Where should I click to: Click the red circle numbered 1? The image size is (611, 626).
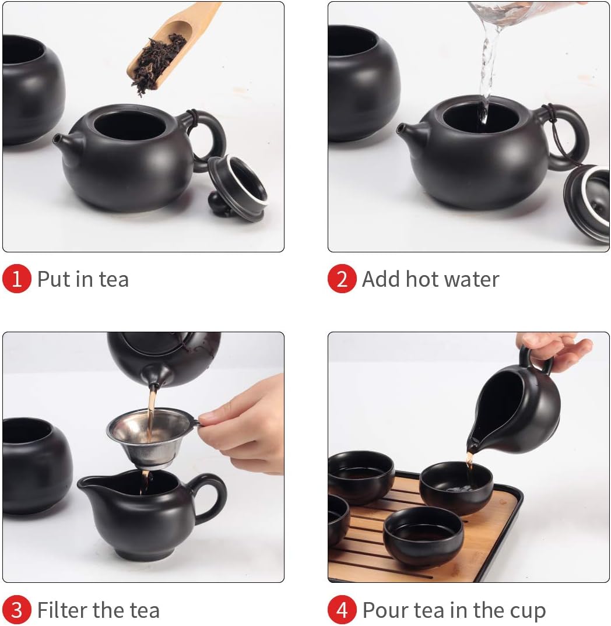pyautogui.click(x=16, y=279)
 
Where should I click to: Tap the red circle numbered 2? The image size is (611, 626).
pyautogui.click(x=342, y=279)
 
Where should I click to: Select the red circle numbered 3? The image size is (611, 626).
pyautogui.click(x=16, y=610)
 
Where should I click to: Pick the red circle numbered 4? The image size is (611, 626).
pyautogui.click(x=342, y=610)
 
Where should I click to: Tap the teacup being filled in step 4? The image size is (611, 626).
pyautogui.click(x=456, y=487)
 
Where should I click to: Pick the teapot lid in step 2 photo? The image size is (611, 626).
pyautogui.click(x=588, y=201)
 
